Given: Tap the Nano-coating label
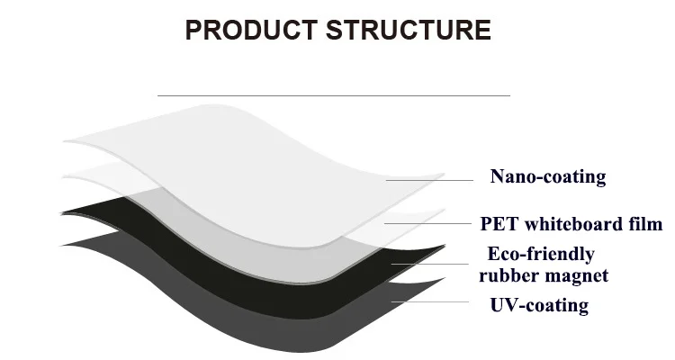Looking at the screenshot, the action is point(547,176).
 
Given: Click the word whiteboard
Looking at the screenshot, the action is point(574,223).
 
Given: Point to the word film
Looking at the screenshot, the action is point(643,223).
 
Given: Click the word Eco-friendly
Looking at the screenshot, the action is point(541,254).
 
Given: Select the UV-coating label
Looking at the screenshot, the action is point(538,305).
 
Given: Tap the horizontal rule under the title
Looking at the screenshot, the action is point(333,94).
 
